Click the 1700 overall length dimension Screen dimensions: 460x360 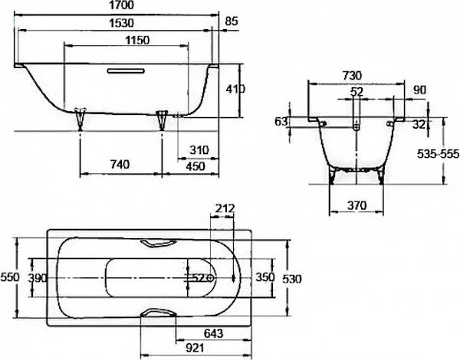[x=121, y=5]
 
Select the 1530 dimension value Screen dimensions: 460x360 [x=121, y=23]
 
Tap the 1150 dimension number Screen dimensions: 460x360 [x=137, y=40]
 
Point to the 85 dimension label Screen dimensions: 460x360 [x=232, y=21]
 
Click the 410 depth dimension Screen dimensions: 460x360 [x=235, y=89]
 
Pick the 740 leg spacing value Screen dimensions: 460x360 [x=120, y=165]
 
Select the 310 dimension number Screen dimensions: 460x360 [x=199, y=150]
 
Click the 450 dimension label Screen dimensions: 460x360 [x=195, y=166]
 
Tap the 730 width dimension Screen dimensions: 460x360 [x=352, y=76]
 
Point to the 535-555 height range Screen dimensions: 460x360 [x=438, y=154]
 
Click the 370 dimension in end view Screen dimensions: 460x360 [x=356, y=205]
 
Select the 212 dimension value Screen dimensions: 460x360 [x=225, y=208]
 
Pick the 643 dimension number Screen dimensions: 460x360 [x=213, y=333]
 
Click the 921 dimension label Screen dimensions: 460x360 [x=195, y=348]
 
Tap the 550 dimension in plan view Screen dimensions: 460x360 [x=10, y=277]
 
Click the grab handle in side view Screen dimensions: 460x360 [x=126, y=70]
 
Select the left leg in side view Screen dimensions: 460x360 [x=80, y=119]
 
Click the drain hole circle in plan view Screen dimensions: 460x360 [x=210, y=278]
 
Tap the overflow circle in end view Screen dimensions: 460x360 [x=356, y=127]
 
